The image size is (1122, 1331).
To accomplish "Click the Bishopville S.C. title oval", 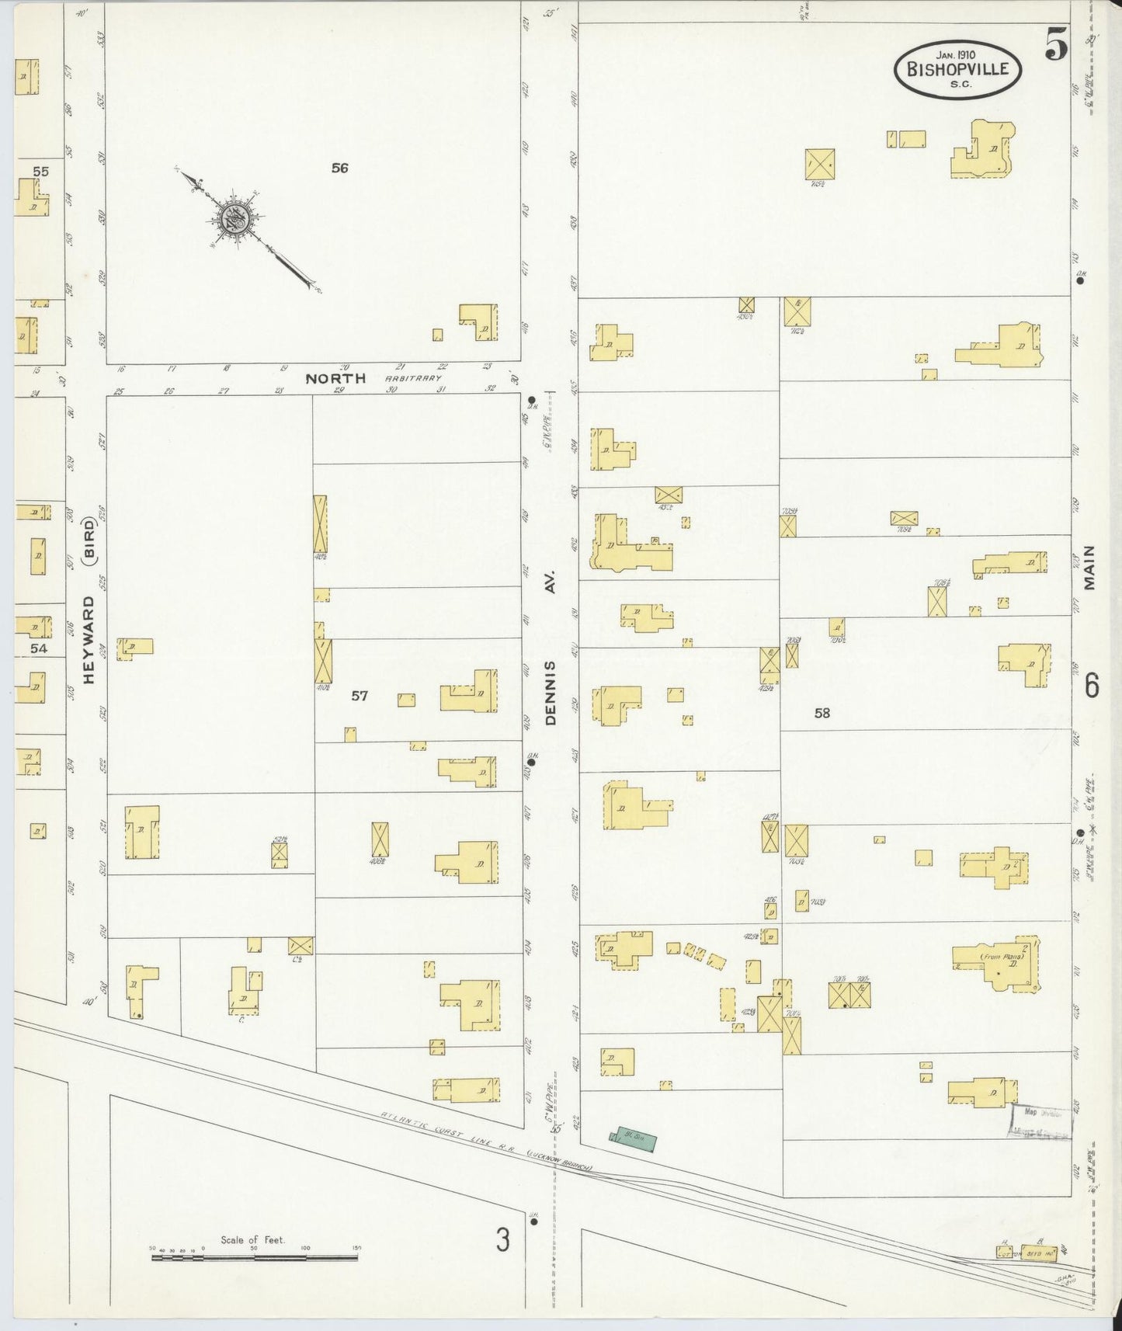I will tap(957, 69).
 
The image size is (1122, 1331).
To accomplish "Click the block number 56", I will tap(339, 168).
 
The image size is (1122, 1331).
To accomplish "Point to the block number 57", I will tap(359, 696).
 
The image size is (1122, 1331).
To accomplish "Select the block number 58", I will tap(822, 713).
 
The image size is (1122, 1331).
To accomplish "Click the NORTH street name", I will tap(335, 379).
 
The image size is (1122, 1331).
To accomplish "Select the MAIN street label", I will tap(1089, 568).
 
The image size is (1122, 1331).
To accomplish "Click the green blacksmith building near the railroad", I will tap(633, 1138).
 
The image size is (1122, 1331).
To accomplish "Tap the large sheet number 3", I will tap(503, 1240).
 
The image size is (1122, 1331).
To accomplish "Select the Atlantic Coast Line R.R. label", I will tap(487, 1138).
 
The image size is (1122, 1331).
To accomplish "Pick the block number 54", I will tap(38, 648).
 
